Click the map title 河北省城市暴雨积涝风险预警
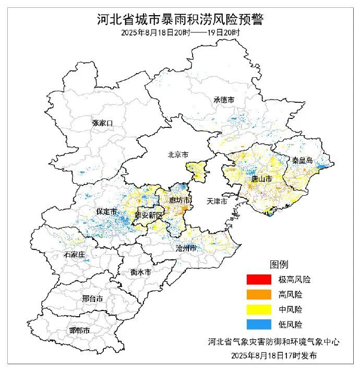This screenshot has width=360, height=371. pyautogui.click(x=180, y=20)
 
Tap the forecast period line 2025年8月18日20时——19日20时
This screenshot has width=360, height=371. pyautogui.click(x=180, y=33)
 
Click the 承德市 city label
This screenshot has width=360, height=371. pyautogui.click(x=223, y=100)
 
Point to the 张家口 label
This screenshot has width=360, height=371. pyautogui.click(x=102, y=123)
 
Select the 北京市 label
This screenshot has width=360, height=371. pyautogui.click(x=178, y=154)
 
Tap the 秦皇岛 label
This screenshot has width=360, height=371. pyautogui.click(x=302, y=161)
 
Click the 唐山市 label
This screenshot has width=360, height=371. pyautogui.click(x=261, y=179)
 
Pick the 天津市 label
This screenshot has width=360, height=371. pyautogui.click(x=217, y=201)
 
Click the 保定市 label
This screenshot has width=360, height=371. pyautogui.click(x=106, y=211)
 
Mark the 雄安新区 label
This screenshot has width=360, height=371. pyautogui.click(x=149, y=216)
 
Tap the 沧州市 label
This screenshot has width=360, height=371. pyautogui.click(x=186, y=247)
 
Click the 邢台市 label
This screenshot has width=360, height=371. pyautogui.click(x=92, y=299)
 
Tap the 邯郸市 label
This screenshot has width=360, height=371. pyautogui.click(x=79, y=331)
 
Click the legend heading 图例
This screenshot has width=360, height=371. pyautogui.click(x=278, y=265)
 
